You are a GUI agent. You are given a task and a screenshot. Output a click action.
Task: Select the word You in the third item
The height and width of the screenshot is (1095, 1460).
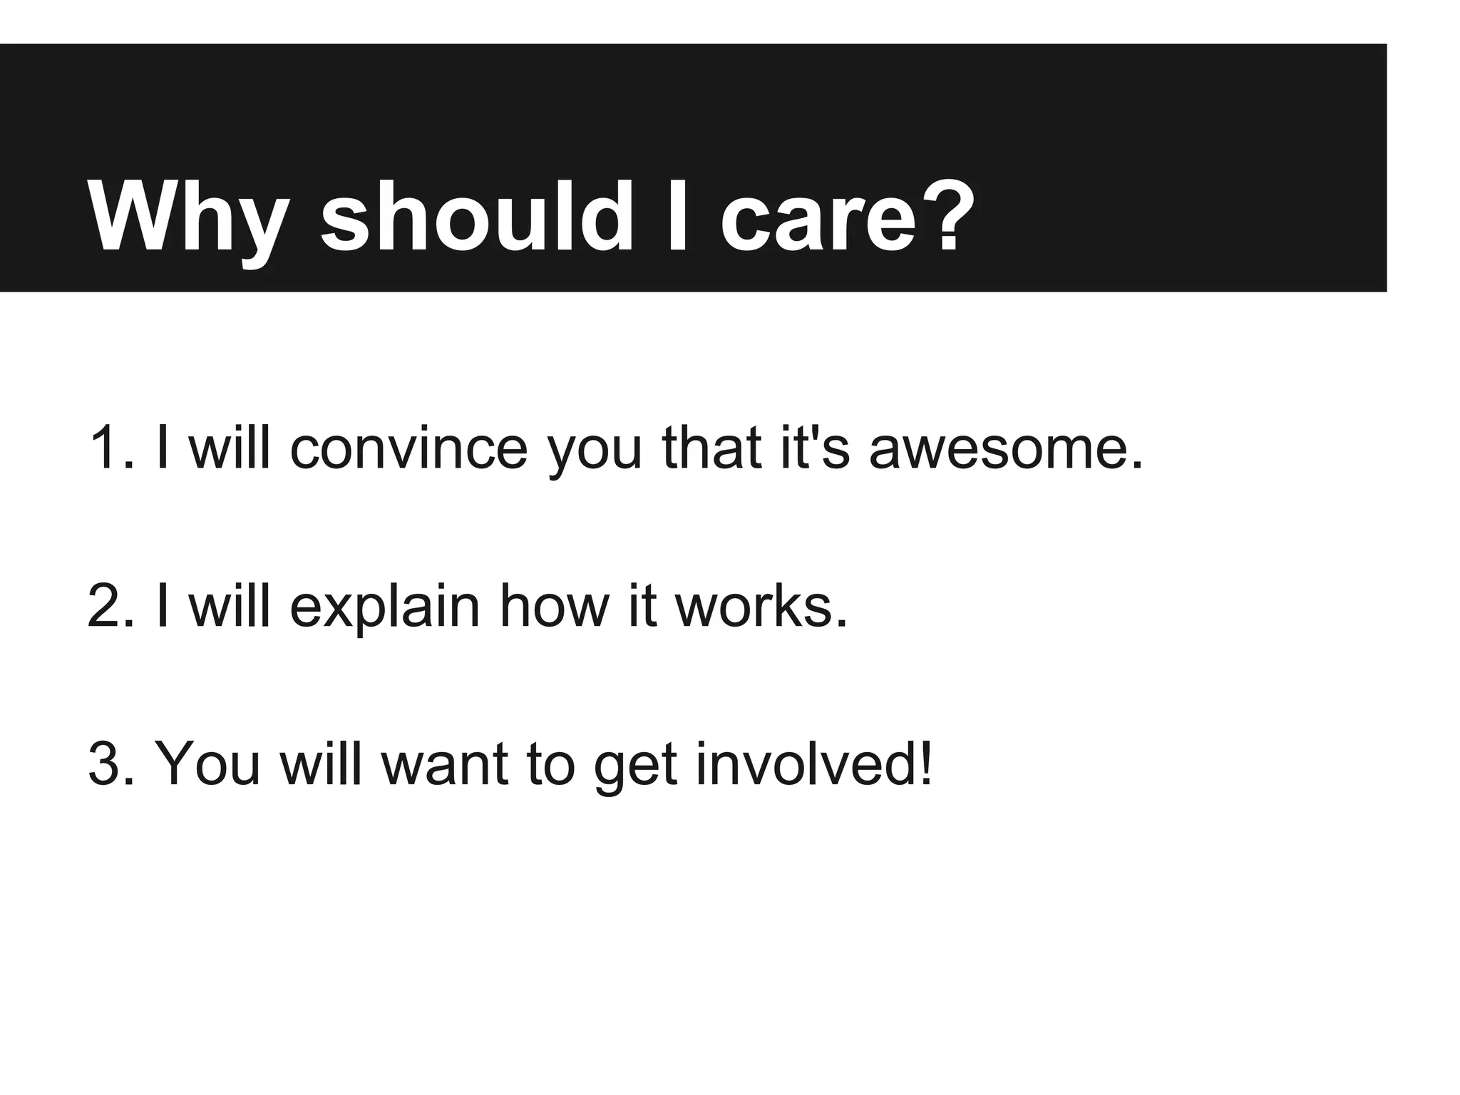(x=207, y=764)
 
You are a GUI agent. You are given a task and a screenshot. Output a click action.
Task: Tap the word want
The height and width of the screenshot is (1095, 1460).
(x=445, y=764)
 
